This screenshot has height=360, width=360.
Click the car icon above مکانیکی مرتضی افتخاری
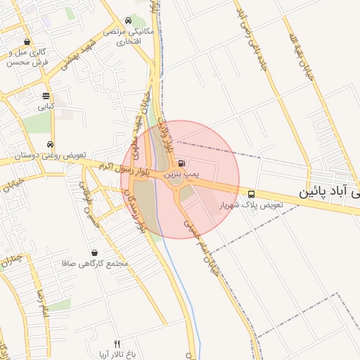tap(127, 21)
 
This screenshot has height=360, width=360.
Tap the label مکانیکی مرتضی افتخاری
tap(122, 37)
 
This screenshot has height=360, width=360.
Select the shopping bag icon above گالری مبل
tap(27, 41)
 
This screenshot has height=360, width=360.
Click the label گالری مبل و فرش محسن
tap(28, 57)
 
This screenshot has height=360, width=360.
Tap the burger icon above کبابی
tap(46, 96)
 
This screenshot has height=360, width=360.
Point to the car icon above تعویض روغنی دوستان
tap(49, 143)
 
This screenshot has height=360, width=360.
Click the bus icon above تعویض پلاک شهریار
tap(252, 194)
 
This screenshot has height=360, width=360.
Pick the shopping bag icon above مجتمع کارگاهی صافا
tap(94, 252)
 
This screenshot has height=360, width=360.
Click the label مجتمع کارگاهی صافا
tap(95, 263)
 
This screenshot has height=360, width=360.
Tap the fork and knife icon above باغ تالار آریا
tap(117, 344)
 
